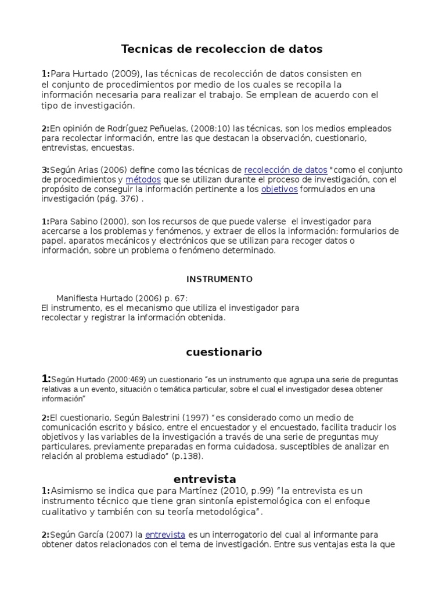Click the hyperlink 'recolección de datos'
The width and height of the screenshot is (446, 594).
click(286, 170)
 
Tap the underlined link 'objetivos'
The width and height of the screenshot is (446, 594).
click(279, 189)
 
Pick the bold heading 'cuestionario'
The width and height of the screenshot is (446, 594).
click(224, 352)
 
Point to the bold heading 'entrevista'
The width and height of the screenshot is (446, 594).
click(205, 479)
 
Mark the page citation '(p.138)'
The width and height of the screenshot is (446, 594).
click(189, 456)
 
